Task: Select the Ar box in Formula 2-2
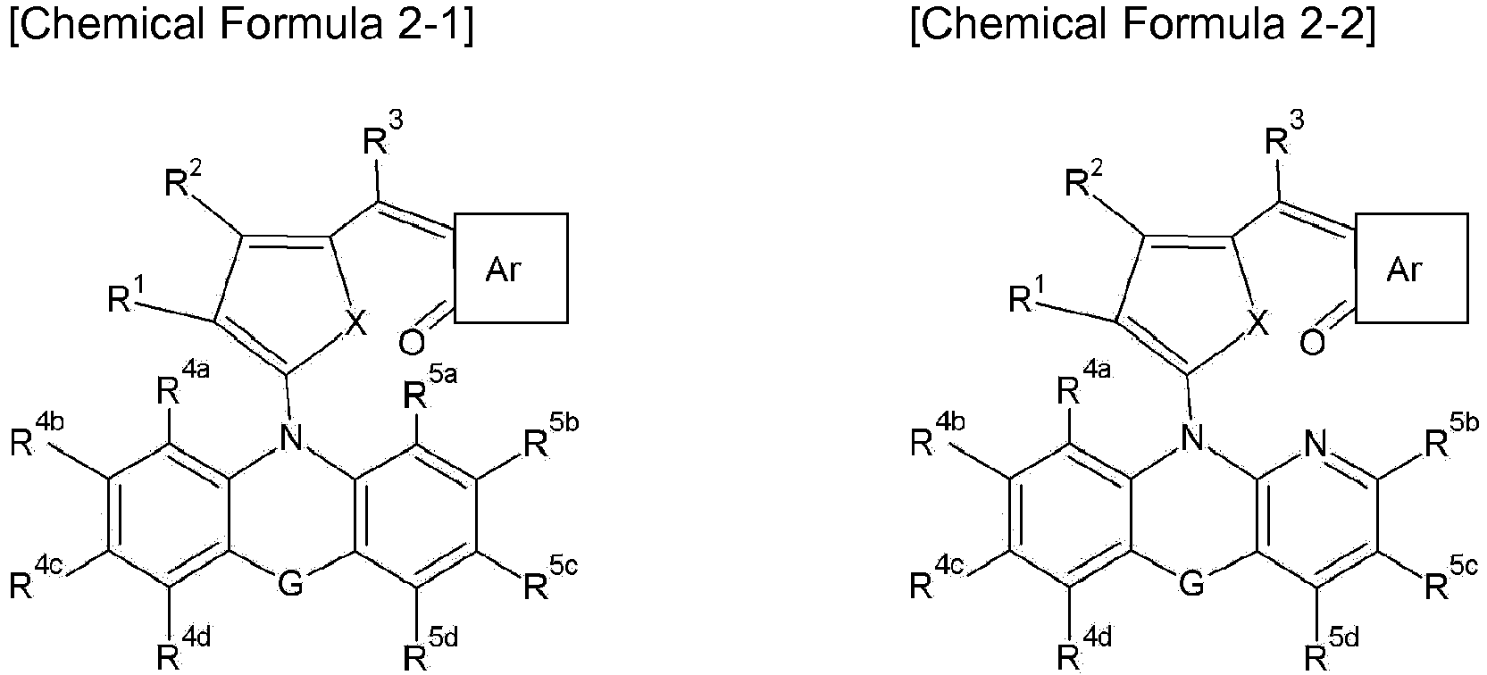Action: (1404, 268)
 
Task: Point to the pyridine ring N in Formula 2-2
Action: (1318, 440)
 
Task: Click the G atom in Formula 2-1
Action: (290, 584)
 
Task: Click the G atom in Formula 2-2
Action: (1191, 584)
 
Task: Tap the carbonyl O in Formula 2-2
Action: (1313, 343)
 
